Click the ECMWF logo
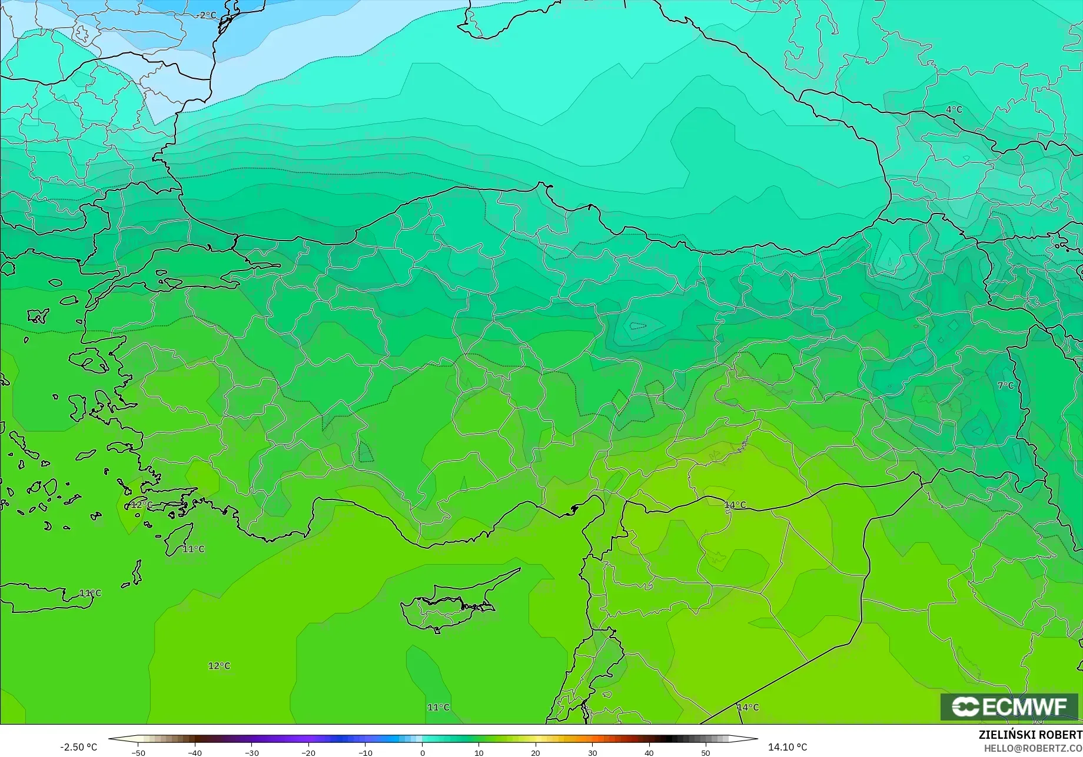tap(1009, 706)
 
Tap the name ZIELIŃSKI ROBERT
tap(1030, 735)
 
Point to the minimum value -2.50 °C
tap(78, 747)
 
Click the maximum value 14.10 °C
tap(788, 747)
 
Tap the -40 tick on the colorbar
tap(195, 752)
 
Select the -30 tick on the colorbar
tap(252, 752)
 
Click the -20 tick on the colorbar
tap(308, 752)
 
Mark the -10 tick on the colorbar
tap(366, 752)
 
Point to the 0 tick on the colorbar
tap(422, 752)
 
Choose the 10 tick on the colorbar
tap(479, 752)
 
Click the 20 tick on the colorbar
tap(536, 752)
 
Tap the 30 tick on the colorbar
tap(592, 752)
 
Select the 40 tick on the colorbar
tap(649, 752)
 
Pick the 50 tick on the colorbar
tap(706, 752)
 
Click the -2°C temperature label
tap(207, 15)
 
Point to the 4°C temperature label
tap(954, 110)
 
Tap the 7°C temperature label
tap(1005, 386)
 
